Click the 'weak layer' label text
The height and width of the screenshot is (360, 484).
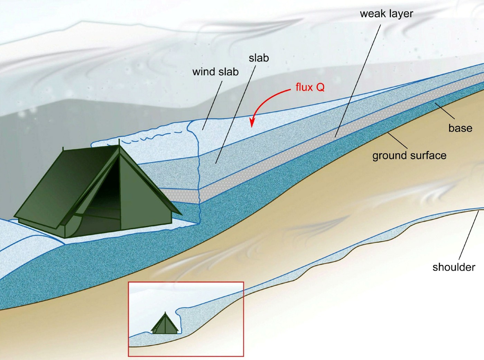(x=387, y=14)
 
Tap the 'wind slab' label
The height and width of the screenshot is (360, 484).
(x=215, y=72)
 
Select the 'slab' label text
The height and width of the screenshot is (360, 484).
(x=259, y=58)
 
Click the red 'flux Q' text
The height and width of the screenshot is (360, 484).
(x=310, y=87)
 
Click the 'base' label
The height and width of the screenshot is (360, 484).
(x=460, y=128)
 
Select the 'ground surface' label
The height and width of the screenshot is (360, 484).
(x=409, y=156)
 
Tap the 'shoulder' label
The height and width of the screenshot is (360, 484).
(x=454, y=267)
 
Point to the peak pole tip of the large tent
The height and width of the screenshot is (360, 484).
(x=119, y=140)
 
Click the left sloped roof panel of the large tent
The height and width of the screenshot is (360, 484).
(x=65, y=186)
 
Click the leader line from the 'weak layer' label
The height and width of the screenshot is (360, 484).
(x=358, y=81)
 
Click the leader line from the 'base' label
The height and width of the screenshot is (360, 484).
(x=445, y=110)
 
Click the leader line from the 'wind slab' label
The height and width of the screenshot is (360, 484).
(x=212, y=105)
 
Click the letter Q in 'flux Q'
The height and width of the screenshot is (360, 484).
(x=320, y=87)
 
